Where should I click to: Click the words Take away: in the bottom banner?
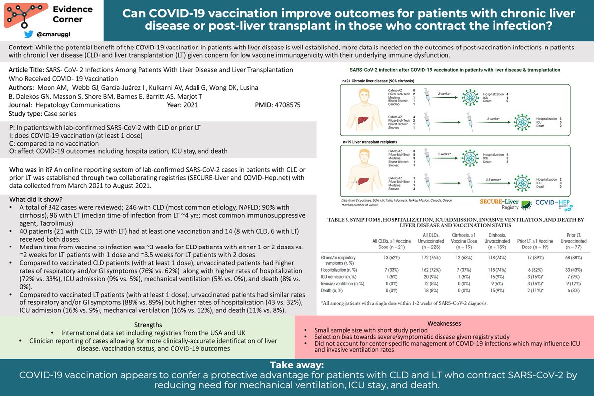pos(297,365)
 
